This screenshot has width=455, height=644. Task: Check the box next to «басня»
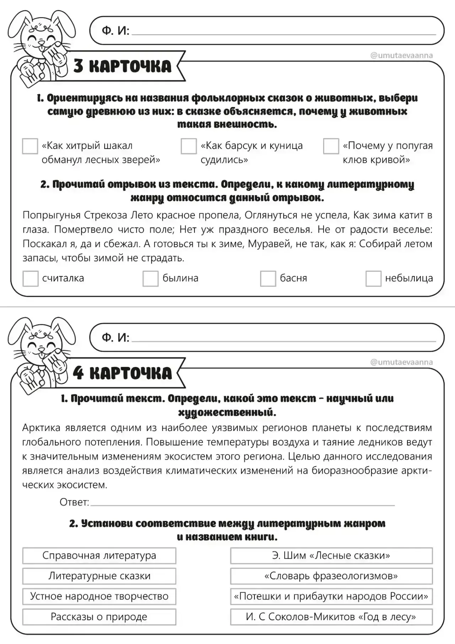268,278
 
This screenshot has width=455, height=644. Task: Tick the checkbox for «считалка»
30,278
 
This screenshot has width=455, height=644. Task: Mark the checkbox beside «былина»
150,278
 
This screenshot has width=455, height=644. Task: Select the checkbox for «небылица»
373,278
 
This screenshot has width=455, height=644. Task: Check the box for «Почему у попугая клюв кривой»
331,146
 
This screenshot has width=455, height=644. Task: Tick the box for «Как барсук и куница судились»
188,146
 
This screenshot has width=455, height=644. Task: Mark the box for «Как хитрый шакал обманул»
30,146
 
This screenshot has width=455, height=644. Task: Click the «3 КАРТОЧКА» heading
123,66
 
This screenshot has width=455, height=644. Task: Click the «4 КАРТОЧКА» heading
123,373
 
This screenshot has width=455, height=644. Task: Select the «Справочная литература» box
99,555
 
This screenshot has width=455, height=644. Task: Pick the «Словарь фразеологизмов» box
331,576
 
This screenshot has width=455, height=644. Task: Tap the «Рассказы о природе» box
99,617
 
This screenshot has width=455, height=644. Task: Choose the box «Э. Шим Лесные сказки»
331,555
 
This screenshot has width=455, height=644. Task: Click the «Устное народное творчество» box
99,596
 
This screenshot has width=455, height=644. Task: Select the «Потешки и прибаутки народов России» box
331,596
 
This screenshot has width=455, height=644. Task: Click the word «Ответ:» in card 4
74,502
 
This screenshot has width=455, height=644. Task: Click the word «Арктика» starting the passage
41,427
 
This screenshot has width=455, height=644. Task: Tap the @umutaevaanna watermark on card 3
402,55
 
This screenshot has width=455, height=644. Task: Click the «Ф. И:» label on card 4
116,337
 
